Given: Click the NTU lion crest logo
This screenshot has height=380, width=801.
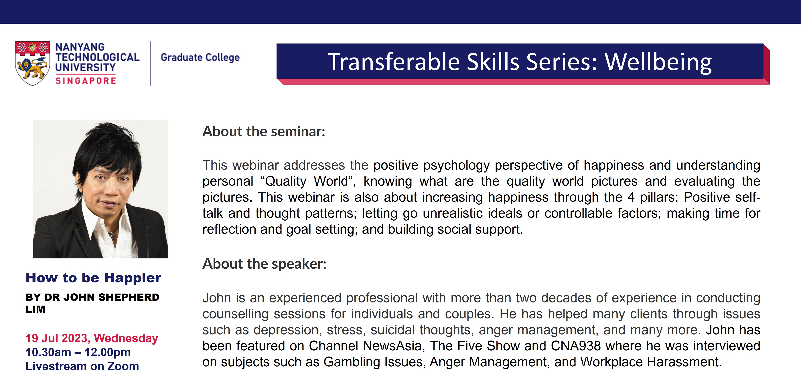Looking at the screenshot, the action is click(x=32, y=63).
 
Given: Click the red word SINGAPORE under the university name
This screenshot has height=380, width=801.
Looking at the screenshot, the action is click(x=86, y=81).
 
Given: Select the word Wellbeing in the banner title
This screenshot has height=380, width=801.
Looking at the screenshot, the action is click(x=658, y=62).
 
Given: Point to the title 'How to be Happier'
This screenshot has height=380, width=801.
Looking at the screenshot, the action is click(x=93, y=278).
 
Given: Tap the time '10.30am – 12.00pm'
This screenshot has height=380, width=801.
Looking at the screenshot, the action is click(x=78, y=352).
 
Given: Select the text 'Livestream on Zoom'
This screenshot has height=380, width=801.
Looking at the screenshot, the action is click(x=82, y=366).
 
